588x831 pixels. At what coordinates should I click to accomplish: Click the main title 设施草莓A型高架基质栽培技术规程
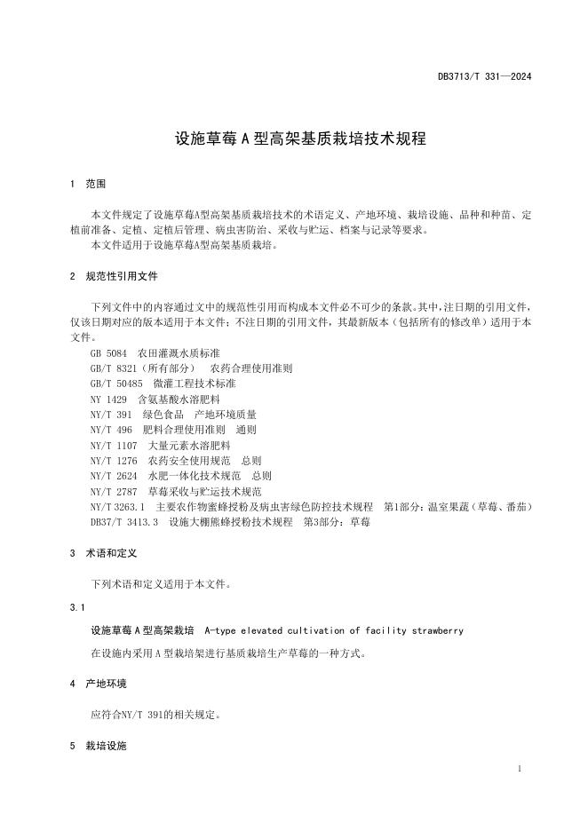pos(300,139)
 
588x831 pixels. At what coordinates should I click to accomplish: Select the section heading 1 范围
pos(87,185)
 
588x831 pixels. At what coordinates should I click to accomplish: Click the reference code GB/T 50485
pos(117,384)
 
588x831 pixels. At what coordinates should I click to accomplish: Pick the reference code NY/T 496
pos(111,430)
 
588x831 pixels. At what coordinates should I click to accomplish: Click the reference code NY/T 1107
pos(114,445)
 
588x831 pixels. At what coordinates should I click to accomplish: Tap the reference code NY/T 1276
pos(114,461)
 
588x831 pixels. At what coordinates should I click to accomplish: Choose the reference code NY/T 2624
pos(114,476)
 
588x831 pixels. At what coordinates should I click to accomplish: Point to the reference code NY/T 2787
pos(114,491)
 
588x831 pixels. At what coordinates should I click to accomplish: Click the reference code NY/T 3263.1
pos(116,506)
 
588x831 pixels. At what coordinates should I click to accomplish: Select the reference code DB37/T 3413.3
pos(124,522)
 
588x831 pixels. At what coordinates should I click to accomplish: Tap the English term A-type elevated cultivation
pos(333,630)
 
